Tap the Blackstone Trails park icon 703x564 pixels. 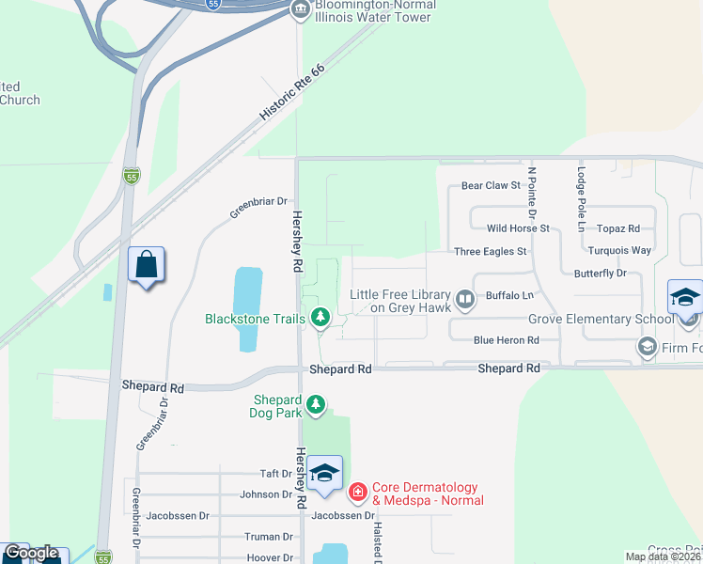pyautogui.click(x=320, y=318)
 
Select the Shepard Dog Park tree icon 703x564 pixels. pyautogui.click(x=317, y=404)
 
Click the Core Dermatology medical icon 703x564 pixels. pyautogui.click(x=357, y=492)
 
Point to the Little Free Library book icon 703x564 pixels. pyautogui.click(x=464, y=300)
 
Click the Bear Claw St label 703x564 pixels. pyautogui.click(x=491, y=186)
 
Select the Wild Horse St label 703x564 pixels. pyautogui.click(x=517, y=228)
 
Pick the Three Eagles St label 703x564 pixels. pyautogui.click(x=490, y=252)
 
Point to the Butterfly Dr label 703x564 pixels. pyautogui.click(x=600, y=274)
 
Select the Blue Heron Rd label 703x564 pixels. pyautogui.click(x=506, y=340)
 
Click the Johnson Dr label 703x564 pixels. pyautogui.click(x=267, y=494)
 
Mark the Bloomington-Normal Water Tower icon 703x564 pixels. pyautogui.click(x=300, y=11)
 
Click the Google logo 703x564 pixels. pyautogui.click(x=30, y=554)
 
